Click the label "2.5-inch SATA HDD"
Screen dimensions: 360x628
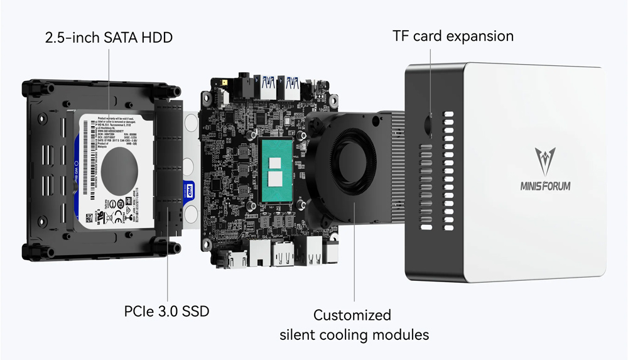pyautogui.click(x=109, y=38)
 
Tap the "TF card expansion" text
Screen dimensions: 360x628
pyautogui.click(x=453, y=36)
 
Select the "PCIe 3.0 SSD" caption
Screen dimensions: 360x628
pyautogui.click(x=166, y=310)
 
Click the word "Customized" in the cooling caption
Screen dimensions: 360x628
pyautogui.click(x=352, y=315)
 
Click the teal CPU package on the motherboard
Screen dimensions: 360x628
pyautogui.click(x=280, y=172)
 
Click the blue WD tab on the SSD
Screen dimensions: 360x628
pyautogui.click(x=190, y=189)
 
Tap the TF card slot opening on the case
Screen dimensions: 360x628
pyautogui.click(x=430, y=123)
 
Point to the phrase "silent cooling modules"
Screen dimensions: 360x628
pyautogui.click(x=354, y=334)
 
